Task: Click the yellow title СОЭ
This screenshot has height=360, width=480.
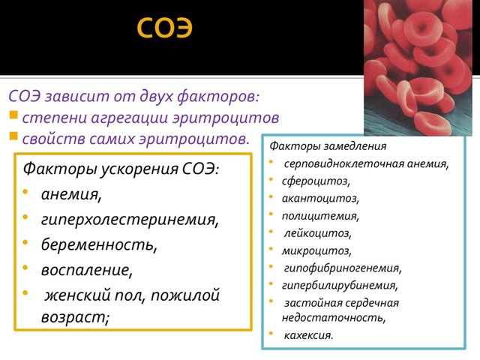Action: click(164, 28)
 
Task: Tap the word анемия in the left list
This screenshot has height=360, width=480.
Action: click(71, 194)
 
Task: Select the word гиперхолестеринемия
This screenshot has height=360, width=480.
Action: click(130, 220)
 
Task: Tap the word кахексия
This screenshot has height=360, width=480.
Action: click(308, 334)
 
